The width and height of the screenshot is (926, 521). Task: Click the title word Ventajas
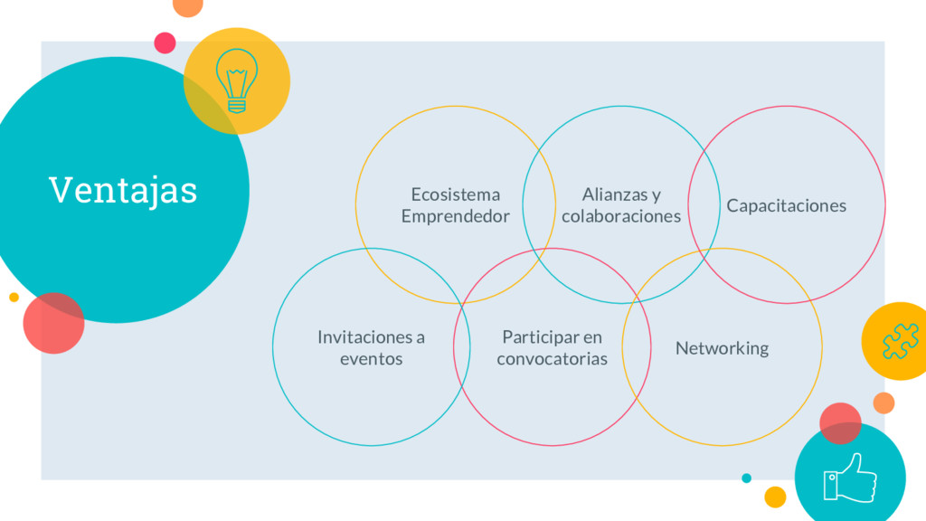123,190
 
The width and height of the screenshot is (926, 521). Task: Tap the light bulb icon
237,81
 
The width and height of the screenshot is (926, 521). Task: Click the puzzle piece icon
900,341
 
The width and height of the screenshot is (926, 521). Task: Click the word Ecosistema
455,194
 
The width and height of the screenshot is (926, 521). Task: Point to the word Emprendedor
455,216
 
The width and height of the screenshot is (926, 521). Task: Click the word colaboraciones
621,216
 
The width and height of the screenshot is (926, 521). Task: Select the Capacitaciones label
786,205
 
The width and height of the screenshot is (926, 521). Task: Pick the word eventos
371,359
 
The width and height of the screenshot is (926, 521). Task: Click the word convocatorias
552,359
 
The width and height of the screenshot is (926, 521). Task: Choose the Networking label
722,348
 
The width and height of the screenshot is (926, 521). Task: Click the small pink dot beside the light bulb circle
165,43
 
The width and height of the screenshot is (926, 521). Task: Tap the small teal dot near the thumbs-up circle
746,478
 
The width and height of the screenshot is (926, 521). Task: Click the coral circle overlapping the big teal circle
53,323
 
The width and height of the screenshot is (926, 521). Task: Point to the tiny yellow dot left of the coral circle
14,297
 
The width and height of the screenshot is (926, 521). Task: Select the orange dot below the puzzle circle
883,403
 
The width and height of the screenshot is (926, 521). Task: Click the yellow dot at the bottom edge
775,497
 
